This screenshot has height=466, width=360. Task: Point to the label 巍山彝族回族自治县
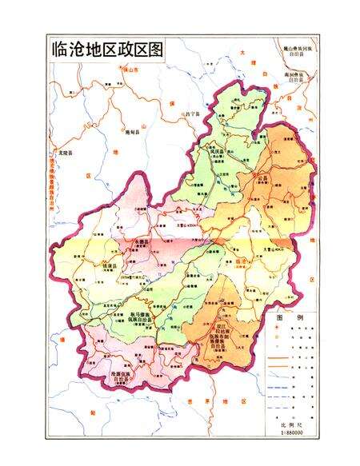coord(301,51)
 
